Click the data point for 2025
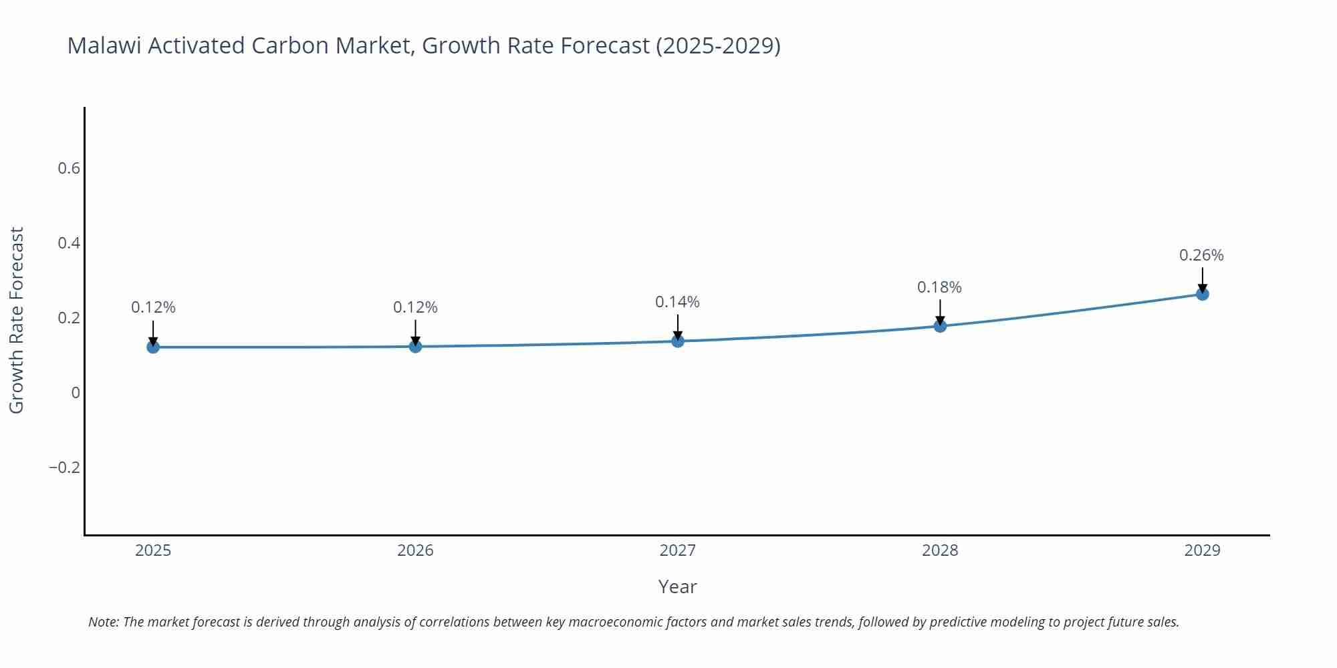(153, 347)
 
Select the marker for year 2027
(678, 341)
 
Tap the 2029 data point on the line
(1202, 294)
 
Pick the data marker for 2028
(940, 326)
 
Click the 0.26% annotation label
(1201, 255)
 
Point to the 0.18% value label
(939, 287)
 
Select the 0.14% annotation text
(677, 302)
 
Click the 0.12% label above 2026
(415, 307)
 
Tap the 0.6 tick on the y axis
(69, 168)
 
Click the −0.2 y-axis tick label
(64, 468)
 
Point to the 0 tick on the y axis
(76, 393)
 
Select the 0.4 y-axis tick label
(69, 243)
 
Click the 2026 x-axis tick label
(415, 550)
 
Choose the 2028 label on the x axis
(940, 550)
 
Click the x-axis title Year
(677, 587)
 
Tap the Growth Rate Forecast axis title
(17, 320)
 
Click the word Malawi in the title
(104, 45)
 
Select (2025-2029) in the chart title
(718, 45)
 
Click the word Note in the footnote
(103, 622)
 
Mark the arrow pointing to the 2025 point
(153, 332)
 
